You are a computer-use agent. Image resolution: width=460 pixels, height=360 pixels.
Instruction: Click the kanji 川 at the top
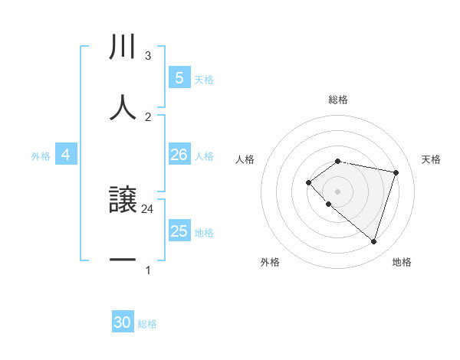tap(123, 48)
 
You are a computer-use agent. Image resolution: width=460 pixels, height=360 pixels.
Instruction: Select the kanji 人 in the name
tap(123, 108)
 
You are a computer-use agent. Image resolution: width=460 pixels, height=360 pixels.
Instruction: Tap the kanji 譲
tap(123, 201)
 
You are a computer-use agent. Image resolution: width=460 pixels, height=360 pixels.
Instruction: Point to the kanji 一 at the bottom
tap(123, 260)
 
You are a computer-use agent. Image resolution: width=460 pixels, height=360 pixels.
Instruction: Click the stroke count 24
tap(148, 208)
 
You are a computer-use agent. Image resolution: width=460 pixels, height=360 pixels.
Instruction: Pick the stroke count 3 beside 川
tap(148, 56)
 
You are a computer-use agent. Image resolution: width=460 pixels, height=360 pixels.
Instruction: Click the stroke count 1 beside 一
tap(148, 270)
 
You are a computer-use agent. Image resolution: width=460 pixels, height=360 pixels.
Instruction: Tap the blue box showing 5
tap(179, 78)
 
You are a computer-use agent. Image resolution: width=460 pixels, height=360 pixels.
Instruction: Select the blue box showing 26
tap(179, 155)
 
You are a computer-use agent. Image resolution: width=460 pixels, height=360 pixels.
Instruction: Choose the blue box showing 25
tap(179, 231)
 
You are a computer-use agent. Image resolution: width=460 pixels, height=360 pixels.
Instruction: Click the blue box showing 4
tap(66, 155)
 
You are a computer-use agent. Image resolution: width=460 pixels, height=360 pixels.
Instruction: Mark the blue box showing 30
tap(123, 322)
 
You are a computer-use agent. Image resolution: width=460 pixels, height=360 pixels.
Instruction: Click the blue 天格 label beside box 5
tap(204, 79)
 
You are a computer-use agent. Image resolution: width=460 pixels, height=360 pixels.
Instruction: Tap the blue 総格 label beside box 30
tap(147, 324)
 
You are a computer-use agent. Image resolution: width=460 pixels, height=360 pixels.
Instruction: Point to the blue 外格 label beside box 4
tap(41, 156)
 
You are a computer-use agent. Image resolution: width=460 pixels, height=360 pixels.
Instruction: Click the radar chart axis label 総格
tap(338, 100)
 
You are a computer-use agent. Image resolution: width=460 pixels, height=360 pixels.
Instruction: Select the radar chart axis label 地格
tap(402, 262)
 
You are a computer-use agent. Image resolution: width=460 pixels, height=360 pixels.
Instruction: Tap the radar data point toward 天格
tap(396, 172)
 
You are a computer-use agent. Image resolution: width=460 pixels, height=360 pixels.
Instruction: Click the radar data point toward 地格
tap(373, 241)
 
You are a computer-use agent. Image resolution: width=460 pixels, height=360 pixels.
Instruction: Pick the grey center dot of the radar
tap(338, 191)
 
